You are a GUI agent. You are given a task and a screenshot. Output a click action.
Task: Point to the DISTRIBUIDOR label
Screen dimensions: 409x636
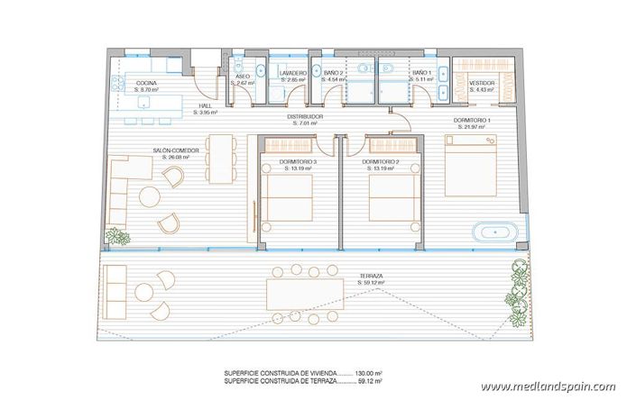305,116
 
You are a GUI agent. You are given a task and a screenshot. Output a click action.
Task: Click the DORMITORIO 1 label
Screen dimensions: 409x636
472,120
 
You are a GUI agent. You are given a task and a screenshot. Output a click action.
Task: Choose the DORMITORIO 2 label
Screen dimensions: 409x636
381,163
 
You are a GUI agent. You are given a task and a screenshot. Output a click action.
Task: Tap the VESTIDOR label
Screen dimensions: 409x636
483,84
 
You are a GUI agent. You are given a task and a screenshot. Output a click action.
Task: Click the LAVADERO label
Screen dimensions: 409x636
293,73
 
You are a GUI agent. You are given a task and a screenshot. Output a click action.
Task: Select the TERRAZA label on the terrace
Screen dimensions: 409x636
371,277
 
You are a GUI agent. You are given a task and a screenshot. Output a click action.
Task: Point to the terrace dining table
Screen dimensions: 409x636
304,294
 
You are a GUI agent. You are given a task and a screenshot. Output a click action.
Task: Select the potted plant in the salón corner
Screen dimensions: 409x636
117,237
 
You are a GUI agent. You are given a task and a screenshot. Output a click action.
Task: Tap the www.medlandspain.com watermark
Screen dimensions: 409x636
548,387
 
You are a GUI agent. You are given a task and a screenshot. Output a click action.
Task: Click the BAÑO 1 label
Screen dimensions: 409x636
422,73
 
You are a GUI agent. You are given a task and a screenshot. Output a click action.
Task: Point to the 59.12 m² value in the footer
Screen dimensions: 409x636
367,381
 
